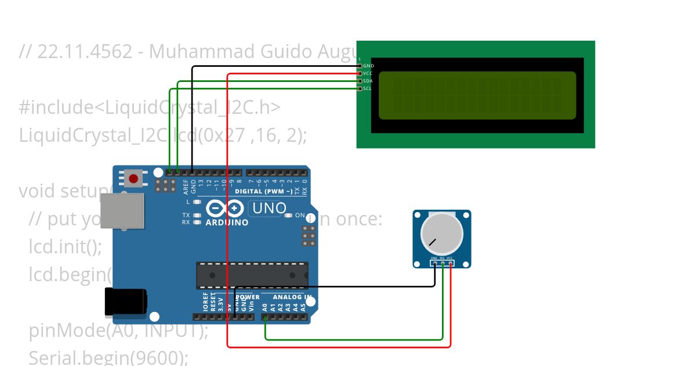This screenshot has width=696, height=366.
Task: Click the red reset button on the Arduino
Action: click(133, 178)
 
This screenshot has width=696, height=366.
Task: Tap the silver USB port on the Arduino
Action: click(122, 210)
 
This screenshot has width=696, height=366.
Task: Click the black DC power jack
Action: click(125, 302)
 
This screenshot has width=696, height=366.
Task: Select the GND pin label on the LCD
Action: click(368, 66)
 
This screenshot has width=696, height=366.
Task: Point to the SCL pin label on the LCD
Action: click(368, 89)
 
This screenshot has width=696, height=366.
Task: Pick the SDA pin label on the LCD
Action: click(368, 81)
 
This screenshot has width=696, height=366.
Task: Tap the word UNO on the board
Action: click(267, 208)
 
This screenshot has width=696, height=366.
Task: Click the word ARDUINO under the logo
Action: click(227, 223)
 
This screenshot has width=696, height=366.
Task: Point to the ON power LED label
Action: click(300, 216)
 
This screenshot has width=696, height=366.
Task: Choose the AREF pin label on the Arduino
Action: click(186, 186)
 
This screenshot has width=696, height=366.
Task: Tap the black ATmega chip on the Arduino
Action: click(252, 275)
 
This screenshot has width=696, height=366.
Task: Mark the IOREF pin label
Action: click(205, 303)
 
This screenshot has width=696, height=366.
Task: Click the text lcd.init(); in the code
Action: click(65, 247)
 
